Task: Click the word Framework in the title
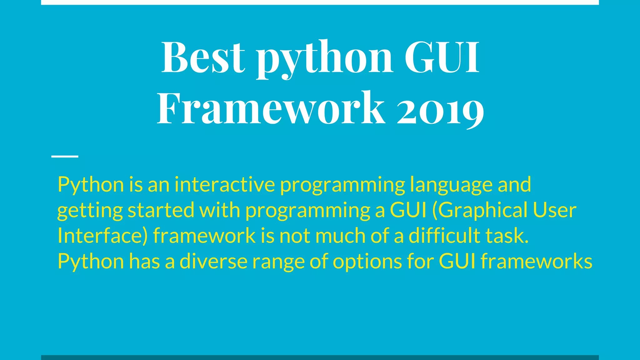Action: coord(271,108)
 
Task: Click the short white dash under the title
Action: coord(65,156)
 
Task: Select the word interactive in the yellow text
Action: coord(225,185)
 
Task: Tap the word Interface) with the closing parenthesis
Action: coord(102,236)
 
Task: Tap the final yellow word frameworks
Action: coord(536,261)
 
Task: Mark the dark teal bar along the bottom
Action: coord(320,357)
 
